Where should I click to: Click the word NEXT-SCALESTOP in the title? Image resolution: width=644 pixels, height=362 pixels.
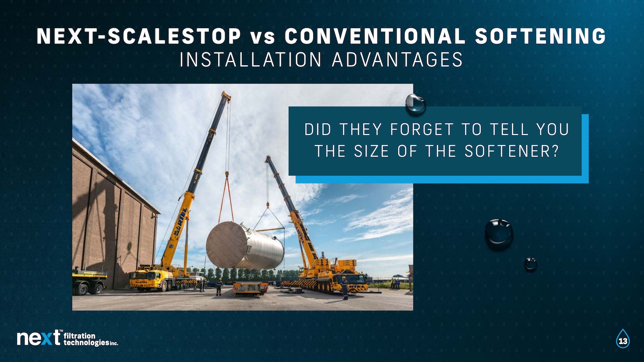139,36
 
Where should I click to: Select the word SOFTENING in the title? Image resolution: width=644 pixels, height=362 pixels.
541,36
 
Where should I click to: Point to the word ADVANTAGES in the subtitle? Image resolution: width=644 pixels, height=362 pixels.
397,60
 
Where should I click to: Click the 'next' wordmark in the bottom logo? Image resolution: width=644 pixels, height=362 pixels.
39,338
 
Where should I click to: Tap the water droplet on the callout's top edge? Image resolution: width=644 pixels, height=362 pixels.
416,104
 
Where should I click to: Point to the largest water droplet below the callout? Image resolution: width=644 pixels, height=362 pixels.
499,234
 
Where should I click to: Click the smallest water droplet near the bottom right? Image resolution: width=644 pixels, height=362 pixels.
530,264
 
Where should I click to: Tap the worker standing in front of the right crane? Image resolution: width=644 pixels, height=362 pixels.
344,288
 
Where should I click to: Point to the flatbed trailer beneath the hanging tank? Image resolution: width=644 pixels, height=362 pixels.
250,288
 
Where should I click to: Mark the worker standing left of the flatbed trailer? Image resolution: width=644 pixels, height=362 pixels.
219,287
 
